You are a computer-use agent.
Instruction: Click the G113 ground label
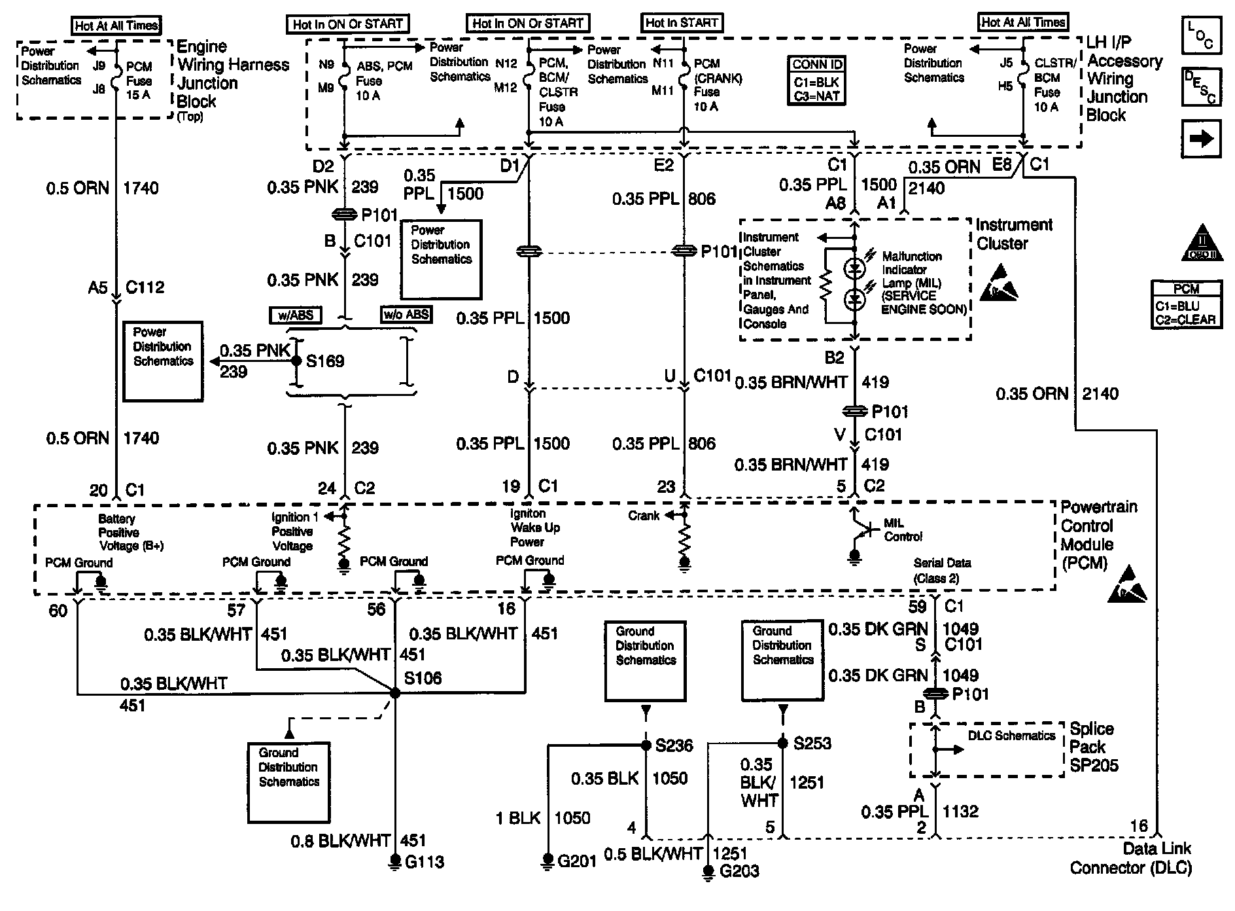(x=425, y=861)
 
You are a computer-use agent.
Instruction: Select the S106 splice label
(x=423, y=678)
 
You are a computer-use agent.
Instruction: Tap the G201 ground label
(x=577, y=861)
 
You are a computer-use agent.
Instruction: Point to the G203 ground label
(x=739, y=871)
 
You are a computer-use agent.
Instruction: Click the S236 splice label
(x=674, y=745)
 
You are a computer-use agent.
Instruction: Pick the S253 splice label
(x=812, y=743)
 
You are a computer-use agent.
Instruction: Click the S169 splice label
(x=325, y=361)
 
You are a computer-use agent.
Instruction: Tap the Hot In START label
(x=682, y=22)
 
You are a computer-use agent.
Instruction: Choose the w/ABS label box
(x=296, y=315)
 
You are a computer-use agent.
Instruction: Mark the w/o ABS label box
(x=406, y=315)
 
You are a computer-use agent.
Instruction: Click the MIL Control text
(x=903, y=529)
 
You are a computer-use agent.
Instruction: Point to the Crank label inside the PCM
(x=644, y=516)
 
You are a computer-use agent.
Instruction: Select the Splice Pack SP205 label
(x=1094, y=747)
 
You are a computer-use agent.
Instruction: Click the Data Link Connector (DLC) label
(x=1131, y=858)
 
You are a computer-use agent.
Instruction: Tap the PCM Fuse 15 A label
(x=139, y=80)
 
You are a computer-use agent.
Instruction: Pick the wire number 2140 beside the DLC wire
(x=1100, y=393)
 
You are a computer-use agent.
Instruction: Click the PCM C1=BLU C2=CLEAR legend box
(x=1187, y=304)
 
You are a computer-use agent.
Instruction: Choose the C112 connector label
(x=145, y=287)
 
